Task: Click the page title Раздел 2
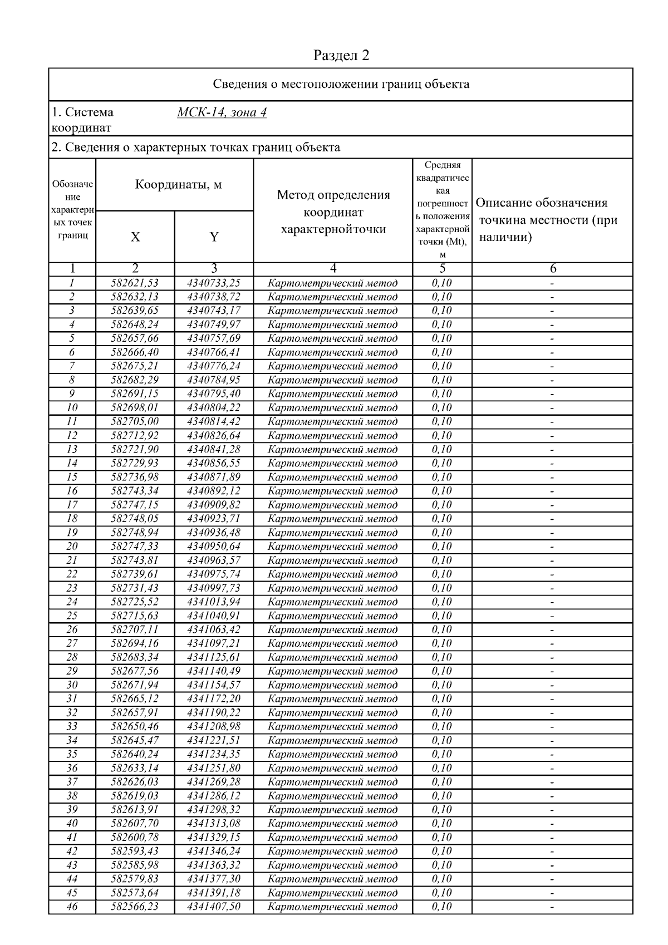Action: (x=341, y=56)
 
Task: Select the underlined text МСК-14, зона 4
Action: (x=222, y=112)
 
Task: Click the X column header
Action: (x=135, y=237)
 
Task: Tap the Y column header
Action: (x=214, y=237)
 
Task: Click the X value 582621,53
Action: (x=135, y=283)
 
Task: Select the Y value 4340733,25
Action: (x=214, y=283)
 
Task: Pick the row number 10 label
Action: (x=72, y=407)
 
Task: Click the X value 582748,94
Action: (x=135, y=533)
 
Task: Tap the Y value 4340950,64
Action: (x=214, y=547)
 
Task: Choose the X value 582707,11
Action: (x=135, y=629)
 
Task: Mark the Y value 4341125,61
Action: (x=214, y=657)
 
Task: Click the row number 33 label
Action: (x=72, y=726)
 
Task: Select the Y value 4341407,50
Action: (x=214, y=907)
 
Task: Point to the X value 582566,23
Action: (x=135, y=907)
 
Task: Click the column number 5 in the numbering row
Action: (x=442, y=269)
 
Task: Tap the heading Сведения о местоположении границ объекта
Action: (x=341, y=85)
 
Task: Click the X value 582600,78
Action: (x=135, y=837)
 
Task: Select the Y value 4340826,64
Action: (x=214, y=435)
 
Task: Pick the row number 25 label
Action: (x=72, y=616)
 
